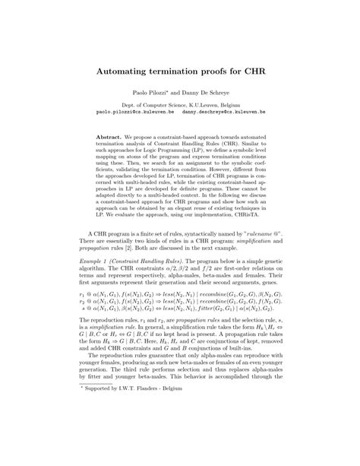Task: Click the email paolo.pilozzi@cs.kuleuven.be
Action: pyautogui.click(x=135, y=110)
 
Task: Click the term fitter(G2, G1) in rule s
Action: pyautogui.click(x=227, y=310)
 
